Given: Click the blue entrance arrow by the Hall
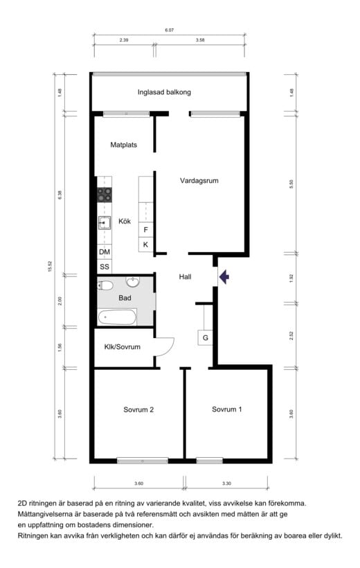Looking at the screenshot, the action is pyautogui.click(x=224, y=277).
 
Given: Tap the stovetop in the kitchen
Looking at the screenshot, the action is pyautogui.click(x=105, y=195).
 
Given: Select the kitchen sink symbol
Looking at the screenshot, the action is pyautogui.click(x=105, y=223).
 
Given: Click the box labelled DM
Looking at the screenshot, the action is pyautogui.click(x=105, y=251).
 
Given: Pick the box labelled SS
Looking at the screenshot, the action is pyautogui.click(x=105, y=267).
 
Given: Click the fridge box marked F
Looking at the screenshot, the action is pyautogui.click(x=146, y=230).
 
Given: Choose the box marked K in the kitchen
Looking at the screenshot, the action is pyautogui.click(x=146, y=245).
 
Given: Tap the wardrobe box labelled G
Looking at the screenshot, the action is pyautogui.click(x=205, y=338).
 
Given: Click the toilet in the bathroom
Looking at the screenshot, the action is pyautogui.click(x=105, y=285).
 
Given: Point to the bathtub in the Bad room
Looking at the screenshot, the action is pyautogui.click(x=117, y=317).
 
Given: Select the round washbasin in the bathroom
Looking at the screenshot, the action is pyautogui.click(x=133, y=281).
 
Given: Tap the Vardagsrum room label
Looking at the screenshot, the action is pyautogui.click(x=199, y=180).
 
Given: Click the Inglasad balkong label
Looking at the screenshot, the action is pyautogui.click(x=164, y=92).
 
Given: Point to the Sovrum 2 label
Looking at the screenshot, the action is pyautogui.click(x=138, y=409).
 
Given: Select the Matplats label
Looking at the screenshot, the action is pyautogui.click(x=123, y=145).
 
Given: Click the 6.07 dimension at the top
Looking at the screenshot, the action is pyautogui.click(x=169, y=30).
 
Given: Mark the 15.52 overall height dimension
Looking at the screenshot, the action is pyautogui.click(x=51, y=266).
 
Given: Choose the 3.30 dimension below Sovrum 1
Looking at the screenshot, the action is pyautogui.click(x=226, y=483).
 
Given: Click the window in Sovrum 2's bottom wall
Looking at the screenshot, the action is pyautogui.click(x=143, y=461).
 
